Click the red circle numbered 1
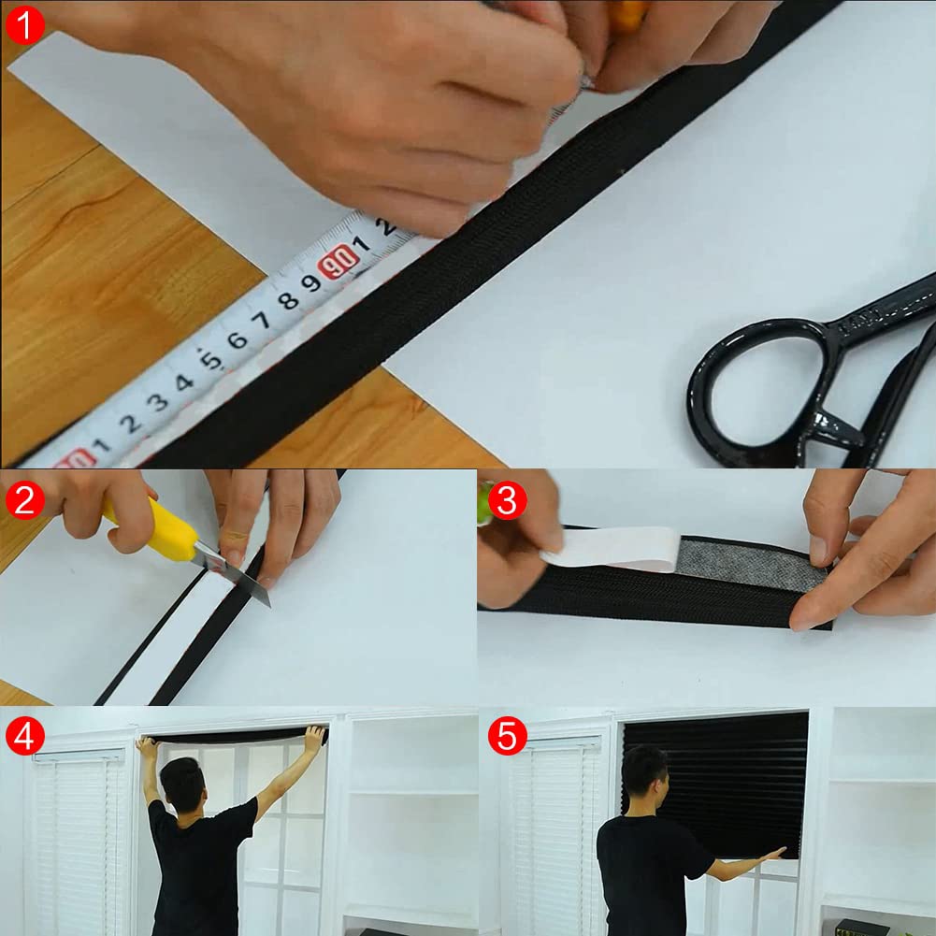(x=24, y=24)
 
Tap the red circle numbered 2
(x=24, y=500)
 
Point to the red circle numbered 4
(x=24, y=737)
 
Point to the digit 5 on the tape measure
(x=212, y=358)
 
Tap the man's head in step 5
(x=644, y=770)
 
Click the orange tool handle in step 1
(x=626, y=13)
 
